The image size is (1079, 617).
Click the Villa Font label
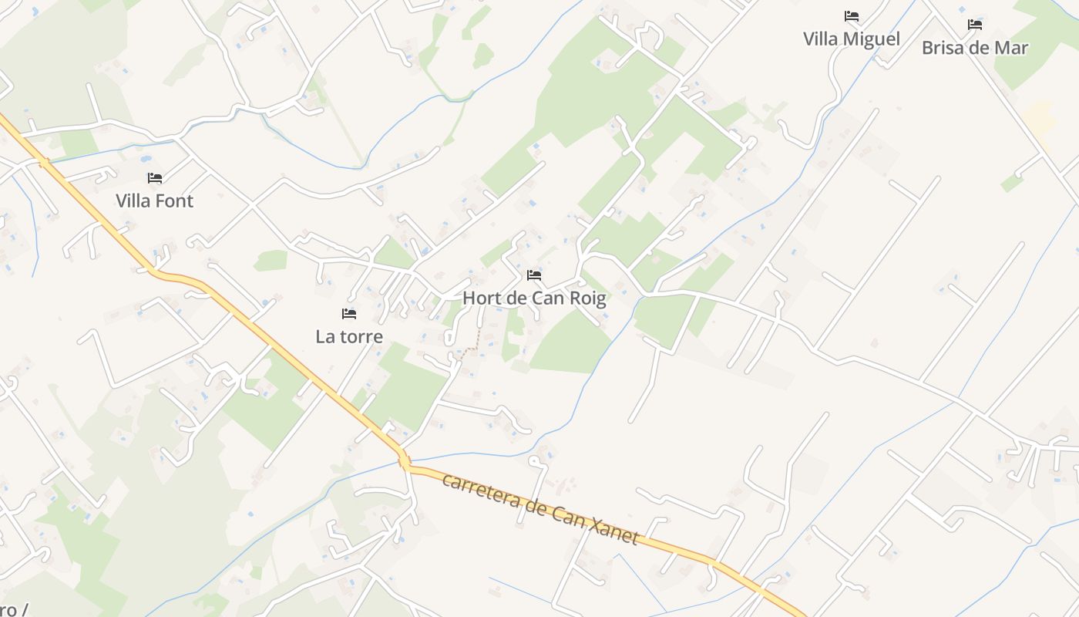coord(154,201)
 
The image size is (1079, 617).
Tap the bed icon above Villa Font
coord(155,178)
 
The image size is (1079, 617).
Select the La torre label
coord(349,337)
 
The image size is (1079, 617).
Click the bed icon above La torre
coord(349,314)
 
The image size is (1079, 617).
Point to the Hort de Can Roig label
coord(534,298)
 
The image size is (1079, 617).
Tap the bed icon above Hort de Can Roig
coord(534,275)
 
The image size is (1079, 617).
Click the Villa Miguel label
coord(851,39)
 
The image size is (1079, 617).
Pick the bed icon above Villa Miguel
coord(851,16)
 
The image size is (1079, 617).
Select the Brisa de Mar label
coord(975,48)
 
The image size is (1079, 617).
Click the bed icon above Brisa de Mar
coord(975,25)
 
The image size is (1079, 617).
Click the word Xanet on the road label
coord(613,530)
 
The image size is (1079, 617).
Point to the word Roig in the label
coord(587,298)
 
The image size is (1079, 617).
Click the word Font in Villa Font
coord(175,201)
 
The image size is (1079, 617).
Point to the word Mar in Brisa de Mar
coord(1011,48)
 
